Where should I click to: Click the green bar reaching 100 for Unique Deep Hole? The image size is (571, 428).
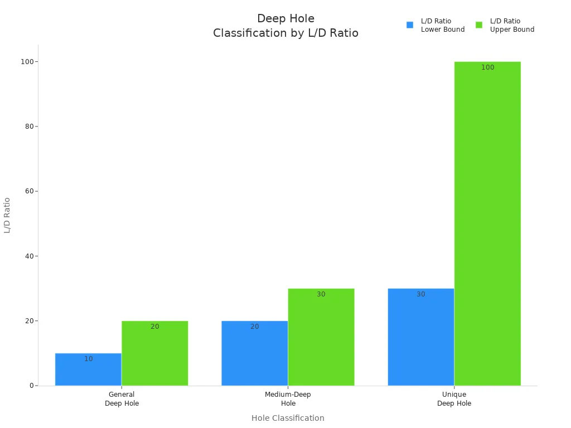click(487, 223)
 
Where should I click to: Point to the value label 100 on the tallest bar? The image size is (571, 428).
click(488, 67)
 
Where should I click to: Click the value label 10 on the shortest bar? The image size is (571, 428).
click(89, 359)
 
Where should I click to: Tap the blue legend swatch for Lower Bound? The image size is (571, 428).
click(410, 25)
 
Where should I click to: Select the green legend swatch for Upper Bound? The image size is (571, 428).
click(479, 25)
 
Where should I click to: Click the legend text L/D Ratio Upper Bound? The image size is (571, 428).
click(512, 25)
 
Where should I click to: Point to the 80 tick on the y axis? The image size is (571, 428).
click(28, 127)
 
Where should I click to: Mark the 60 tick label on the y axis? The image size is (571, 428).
click(28, 191)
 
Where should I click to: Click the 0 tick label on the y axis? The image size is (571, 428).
click(31, 386)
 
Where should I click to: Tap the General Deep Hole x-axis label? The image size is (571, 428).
click(122, 399)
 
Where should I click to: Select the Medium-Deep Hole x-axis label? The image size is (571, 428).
click(288, 399)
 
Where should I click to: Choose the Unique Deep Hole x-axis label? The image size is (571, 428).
click(454, 399)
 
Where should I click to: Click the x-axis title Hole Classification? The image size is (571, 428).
click(288, 418)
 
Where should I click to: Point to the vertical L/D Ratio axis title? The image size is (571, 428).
click(7, 215)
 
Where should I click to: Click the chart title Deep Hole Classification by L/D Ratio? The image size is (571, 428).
click(285, 26)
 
